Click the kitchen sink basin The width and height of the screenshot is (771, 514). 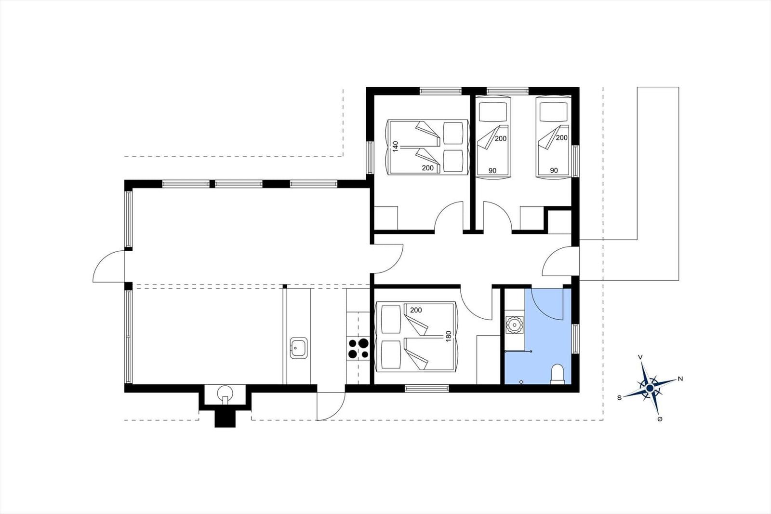pyautogui.click(x=298, y=348)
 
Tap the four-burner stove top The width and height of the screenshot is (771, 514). pyautogui.click(x=359, y=348)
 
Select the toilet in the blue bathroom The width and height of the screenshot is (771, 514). pyautogui.click(x=557, y=375)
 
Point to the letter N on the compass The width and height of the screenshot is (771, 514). pyautogui.click(x=680, y=379)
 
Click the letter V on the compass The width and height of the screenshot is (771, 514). pyautogui.click(x=640, y=357)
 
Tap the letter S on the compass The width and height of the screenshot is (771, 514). pyautogui.click(x=620, y=398)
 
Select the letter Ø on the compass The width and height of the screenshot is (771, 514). pyautogui.click(x=660, y=419)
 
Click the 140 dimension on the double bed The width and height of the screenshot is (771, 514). pyautogui.click(x=395, y=147)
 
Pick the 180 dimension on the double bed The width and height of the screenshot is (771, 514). pyautogui.click(x=448, y=336)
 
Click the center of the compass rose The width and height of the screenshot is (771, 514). pyautogui.click(x=650, y=388)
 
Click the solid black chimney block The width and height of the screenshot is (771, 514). pyautogui.click(x=225, y=419)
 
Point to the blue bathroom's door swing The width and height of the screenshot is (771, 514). pyautogui.click(x=547, y=304)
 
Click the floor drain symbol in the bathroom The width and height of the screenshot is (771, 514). pyautogui.click(x=521, y=382)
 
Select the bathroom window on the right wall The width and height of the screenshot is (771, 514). pyautogui.click(x=575, y=339)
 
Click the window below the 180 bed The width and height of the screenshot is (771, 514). pyautogui.click(x=427, y=388)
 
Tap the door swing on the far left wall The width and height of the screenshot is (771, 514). pyautogui.click(x=108, y=266)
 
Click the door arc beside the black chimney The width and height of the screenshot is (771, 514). pyautogui.click(x=331, y=406)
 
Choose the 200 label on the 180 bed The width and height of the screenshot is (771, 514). pyautogui.click(x=416, y=310)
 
